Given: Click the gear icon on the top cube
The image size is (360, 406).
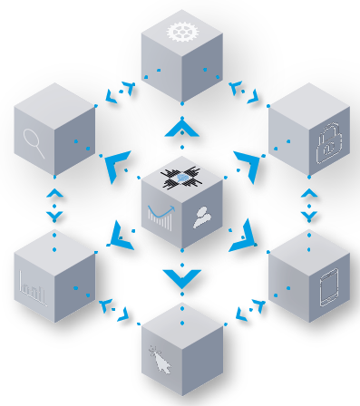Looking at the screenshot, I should click(181, 33).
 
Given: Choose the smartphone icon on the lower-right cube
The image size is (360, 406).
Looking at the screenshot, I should click(328, 289).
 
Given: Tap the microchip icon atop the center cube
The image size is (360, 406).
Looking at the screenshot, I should click(181, 178).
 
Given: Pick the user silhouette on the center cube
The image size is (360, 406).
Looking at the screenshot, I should click(202, 217).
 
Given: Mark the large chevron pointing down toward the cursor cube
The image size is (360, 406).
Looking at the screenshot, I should click(181, 278).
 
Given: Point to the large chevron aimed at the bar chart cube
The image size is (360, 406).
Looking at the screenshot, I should click(119, 237).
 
